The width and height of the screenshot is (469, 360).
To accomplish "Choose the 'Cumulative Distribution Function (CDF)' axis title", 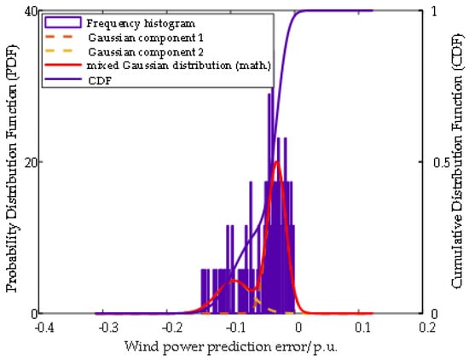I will (456, 162).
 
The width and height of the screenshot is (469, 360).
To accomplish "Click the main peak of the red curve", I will (276, 161).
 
